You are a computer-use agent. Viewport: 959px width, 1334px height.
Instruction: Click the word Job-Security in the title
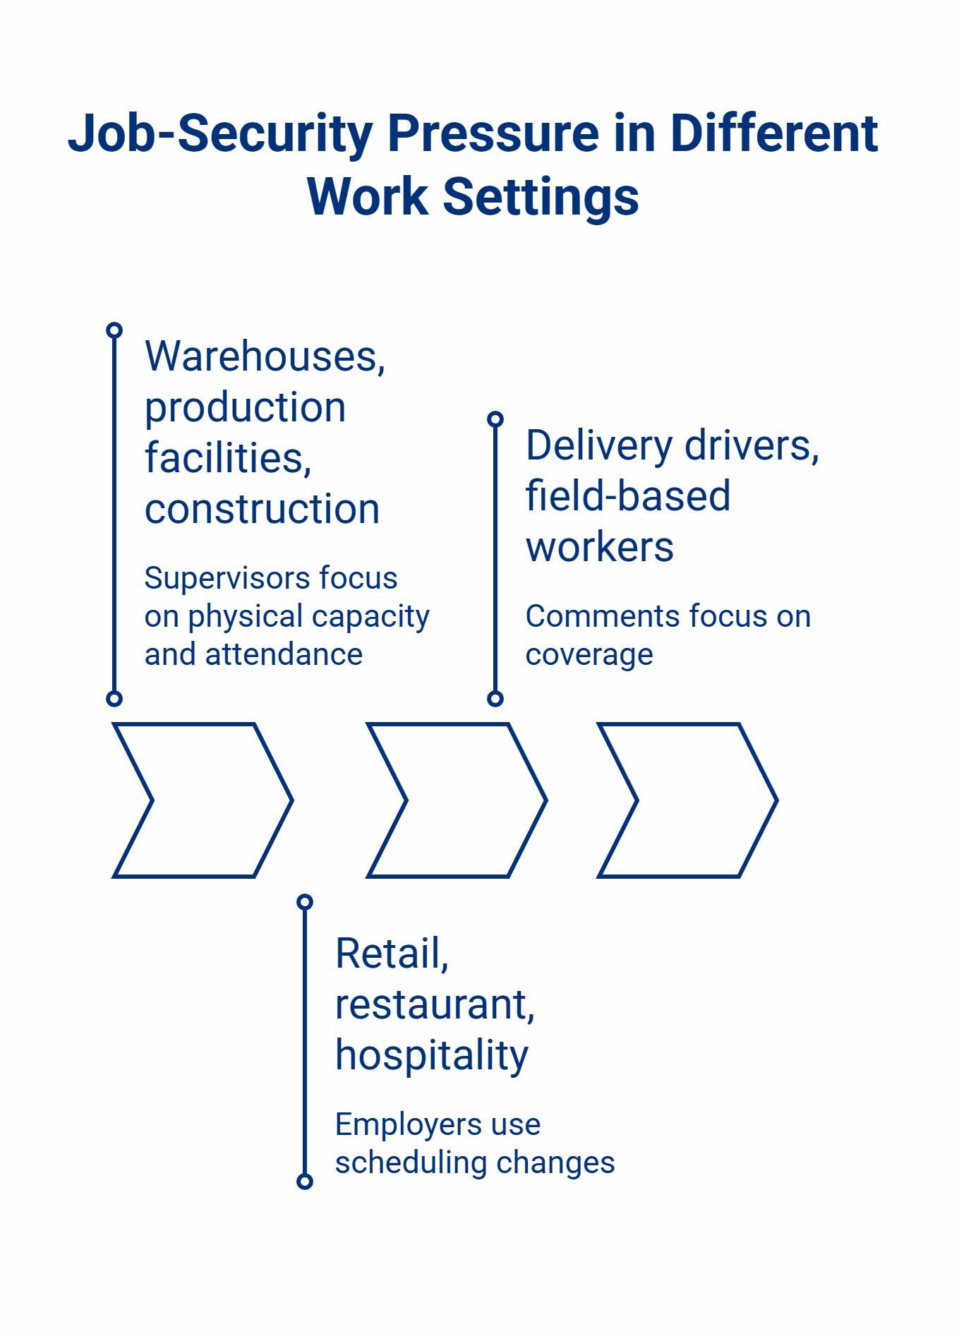[x=220, y=134]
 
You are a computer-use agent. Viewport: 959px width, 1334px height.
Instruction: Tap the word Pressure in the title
[x=493, y=134]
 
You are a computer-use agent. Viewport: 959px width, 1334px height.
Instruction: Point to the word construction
[x=262, y=509]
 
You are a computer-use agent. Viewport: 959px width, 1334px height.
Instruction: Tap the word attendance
[x=284, y=654]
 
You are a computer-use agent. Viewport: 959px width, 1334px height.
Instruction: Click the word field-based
[x=627, y=496]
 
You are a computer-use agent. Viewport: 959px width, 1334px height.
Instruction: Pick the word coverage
[x=589, y=654]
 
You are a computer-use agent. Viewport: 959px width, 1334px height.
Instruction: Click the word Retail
[x=392, y=954]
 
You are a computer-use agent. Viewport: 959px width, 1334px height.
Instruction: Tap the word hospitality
[x=431, y=1055]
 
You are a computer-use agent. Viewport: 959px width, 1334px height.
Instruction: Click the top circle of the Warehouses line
[x=114, y=330]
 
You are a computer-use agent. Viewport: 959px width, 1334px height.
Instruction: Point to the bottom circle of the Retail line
[x=305, y=1182]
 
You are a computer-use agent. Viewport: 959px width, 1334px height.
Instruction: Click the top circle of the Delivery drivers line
[x=495, y=419]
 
